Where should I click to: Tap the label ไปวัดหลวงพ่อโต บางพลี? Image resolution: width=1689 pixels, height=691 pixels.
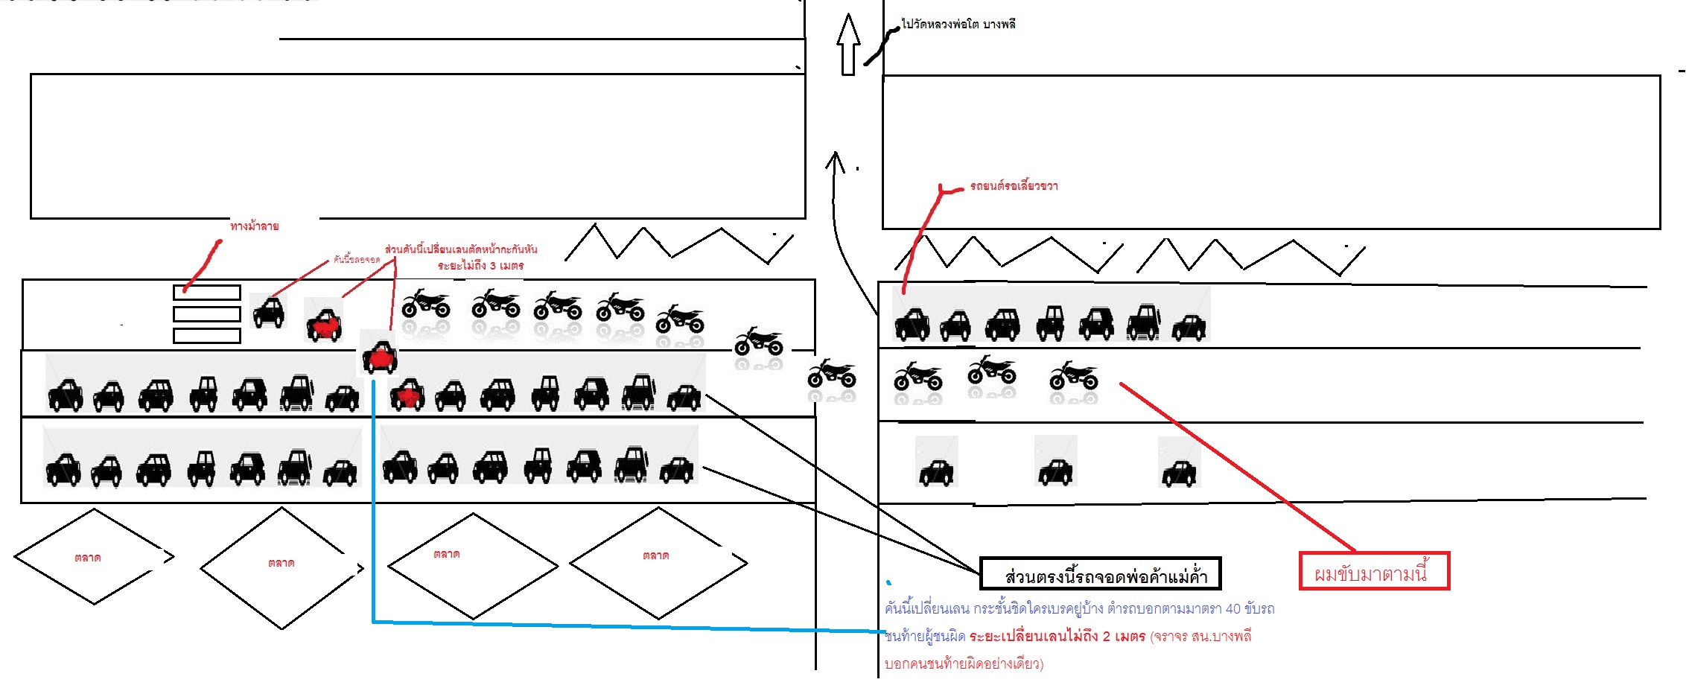[958, 25]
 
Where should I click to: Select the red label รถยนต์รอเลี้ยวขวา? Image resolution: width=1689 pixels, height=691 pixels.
[1014, 186]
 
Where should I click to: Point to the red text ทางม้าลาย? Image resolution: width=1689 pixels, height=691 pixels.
[255, 226]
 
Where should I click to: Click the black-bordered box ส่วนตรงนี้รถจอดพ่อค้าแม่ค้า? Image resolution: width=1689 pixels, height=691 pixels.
[1101, 574]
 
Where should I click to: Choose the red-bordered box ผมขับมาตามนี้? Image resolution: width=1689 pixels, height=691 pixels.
[1374, 571]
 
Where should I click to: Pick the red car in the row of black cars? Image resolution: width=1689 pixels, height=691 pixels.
[407, 395]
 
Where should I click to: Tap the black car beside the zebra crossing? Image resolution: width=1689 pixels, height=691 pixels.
[269, 312]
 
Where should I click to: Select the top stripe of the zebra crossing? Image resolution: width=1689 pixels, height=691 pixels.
[207, 293]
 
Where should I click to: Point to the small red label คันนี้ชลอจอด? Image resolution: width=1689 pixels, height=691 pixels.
[357, 260]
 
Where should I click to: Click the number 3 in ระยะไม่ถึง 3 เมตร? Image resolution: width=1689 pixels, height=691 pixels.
[493, 266]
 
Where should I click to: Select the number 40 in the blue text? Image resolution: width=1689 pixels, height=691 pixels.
[1233, 609]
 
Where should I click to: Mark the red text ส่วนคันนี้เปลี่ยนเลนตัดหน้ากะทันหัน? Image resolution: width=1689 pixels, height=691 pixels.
[461, 249]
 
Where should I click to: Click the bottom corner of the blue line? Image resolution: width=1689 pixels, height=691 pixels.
[373, 621]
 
